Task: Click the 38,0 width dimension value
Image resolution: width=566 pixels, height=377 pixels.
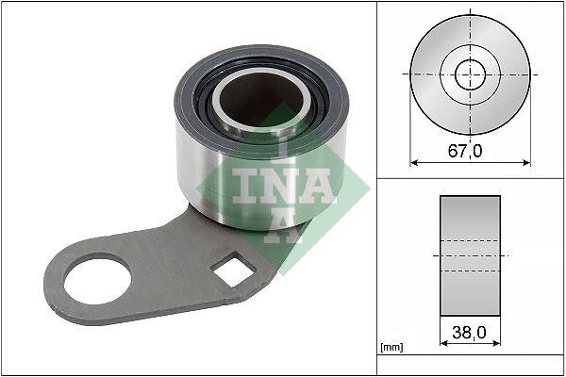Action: click(x=470, y=332)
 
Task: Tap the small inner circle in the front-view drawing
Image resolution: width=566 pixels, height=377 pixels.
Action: click(x=470, y=74)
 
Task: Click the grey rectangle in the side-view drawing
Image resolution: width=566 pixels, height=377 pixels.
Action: click(x=470, y=254)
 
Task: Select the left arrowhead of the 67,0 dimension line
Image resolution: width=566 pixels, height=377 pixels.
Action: click(x=413, y=163)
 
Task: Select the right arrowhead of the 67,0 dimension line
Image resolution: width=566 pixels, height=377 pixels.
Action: click(x=526, y=163)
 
